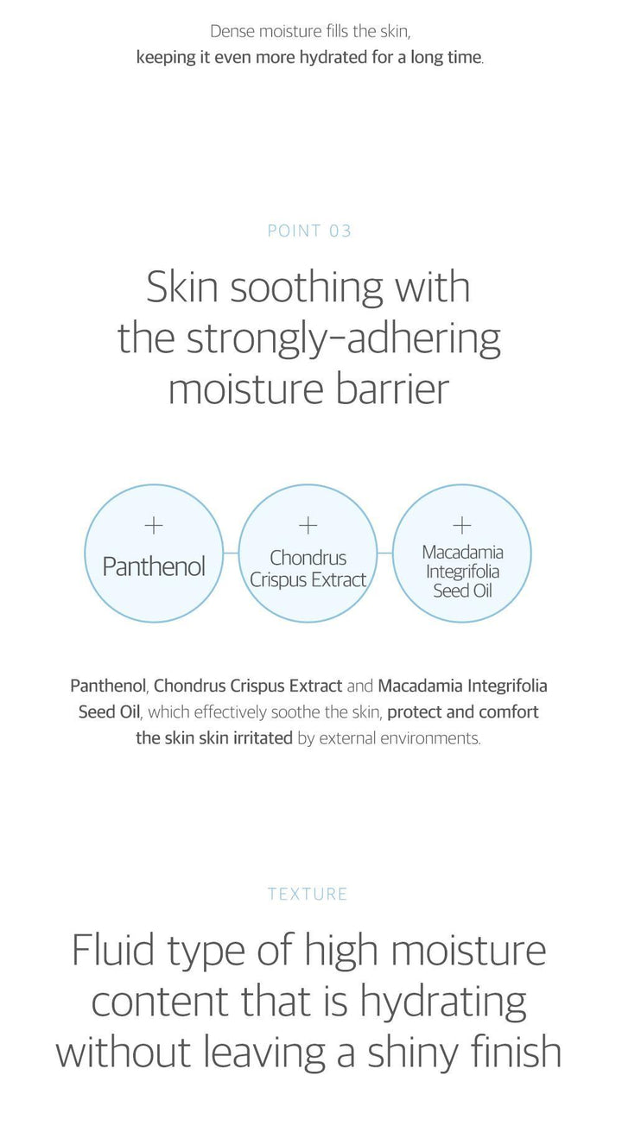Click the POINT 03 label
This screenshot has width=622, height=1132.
pyautogui.click(x=309, y=231)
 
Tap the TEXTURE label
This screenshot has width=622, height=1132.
pyautogui.click(x=308, y=894)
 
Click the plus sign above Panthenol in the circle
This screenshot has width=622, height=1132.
pyautogui.click(x=154, y=526)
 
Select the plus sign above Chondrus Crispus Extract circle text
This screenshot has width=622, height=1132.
pyautogui.click(x=308, y=526)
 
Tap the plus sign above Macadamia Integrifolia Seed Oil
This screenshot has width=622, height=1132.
pyautogui.click(x=461, y=525)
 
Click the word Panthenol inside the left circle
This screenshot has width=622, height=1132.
pyautogui.click(x=154, y=566)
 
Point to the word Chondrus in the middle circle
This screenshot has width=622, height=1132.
pyautogui.click(x=308, y=558)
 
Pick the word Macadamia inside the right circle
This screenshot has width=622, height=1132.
pyautogui.click(x=463, y=553)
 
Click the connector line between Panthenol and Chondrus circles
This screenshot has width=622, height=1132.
pyautogui.click(x=231, y=553)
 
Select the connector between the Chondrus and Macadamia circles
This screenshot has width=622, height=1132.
pyautogui.click(x=384, y=553)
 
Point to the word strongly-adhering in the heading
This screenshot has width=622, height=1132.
pyautogui.click(x=344, y=339)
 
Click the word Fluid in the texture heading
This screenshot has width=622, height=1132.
pyautogui.click(x=113, y=950)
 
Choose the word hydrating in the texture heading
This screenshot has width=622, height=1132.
pyautogui.click(x=443, y=1002)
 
